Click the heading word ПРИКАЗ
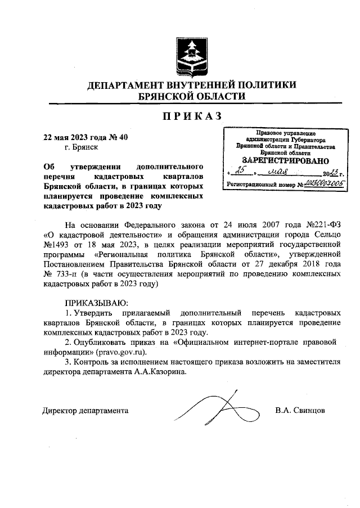pos(191,116)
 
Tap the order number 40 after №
pos(125,137)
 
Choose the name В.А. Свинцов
pos(300,410)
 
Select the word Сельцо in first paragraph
pos(327,233)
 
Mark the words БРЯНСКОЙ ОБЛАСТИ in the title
pos(191,96)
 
